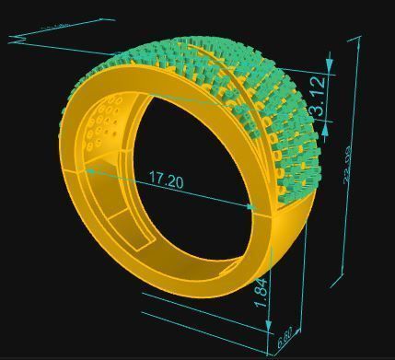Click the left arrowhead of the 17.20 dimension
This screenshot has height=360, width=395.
pyautogui.click(x=90, y=169)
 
